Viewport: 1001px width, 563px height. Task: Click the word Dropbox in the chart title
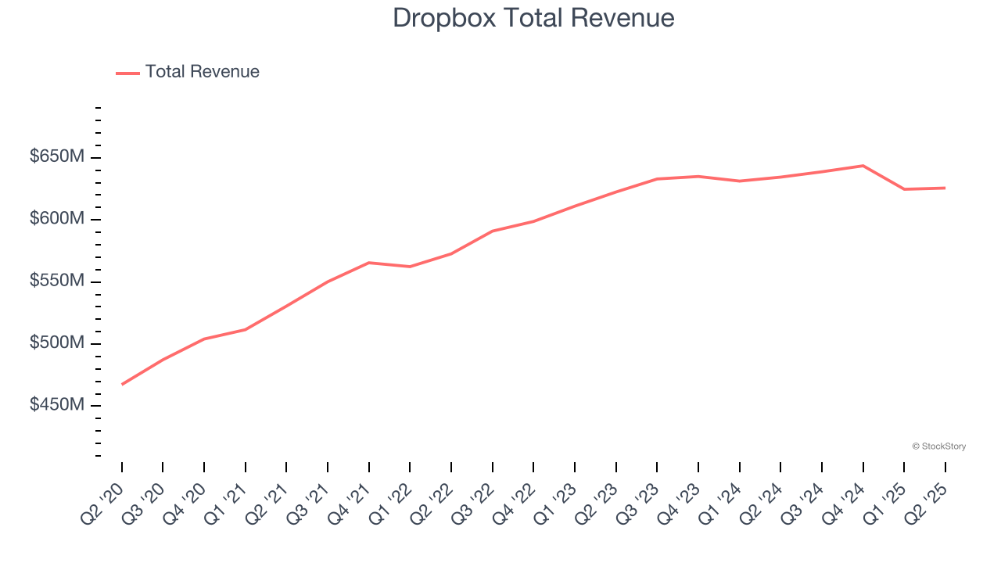pyautogui.click(x=443, y=17)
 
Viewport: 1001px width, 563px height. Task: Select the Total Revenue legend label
pyautogui.click(x=202, y=72)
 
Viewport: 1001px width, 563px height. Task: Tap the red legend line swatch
pyautogui.click(x=127, y=73)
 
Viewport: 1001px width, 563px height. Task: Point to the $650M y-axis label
pyautogui.click(x=57, y=156)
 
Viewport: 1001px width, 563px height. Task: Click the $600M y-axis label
pyautogui.click(x=57, y=219)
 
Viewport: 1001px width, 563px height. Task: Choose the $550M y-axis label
pyautogui.click(x=57, y=281)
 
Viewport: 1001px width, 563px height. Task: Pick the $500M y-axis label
pyautogui.click(x=57, y=343)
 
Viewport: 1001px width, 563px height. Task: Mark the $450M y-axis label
pyautogui.click(x=57, y=405)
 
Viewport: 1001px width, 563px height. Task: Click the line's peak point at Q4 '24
pyautogui.click(x=863, y=166)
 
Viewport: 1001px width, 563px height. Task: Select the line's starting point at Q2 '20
pyautogui.click(x=122, y=384)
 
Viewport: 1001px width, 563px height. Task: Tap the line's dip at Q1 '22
pyautogui.click(x=410, y=267)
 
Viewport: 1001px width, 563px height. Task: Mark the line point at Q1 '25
pyautogui.click(x=904, y=189)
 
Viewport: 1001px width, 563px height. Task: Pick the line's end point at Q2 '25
pyautogui.click(x=945, y=188)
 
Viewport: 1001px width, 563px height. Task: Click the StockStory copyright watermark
pyautogui.click(x=938, y=446)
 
